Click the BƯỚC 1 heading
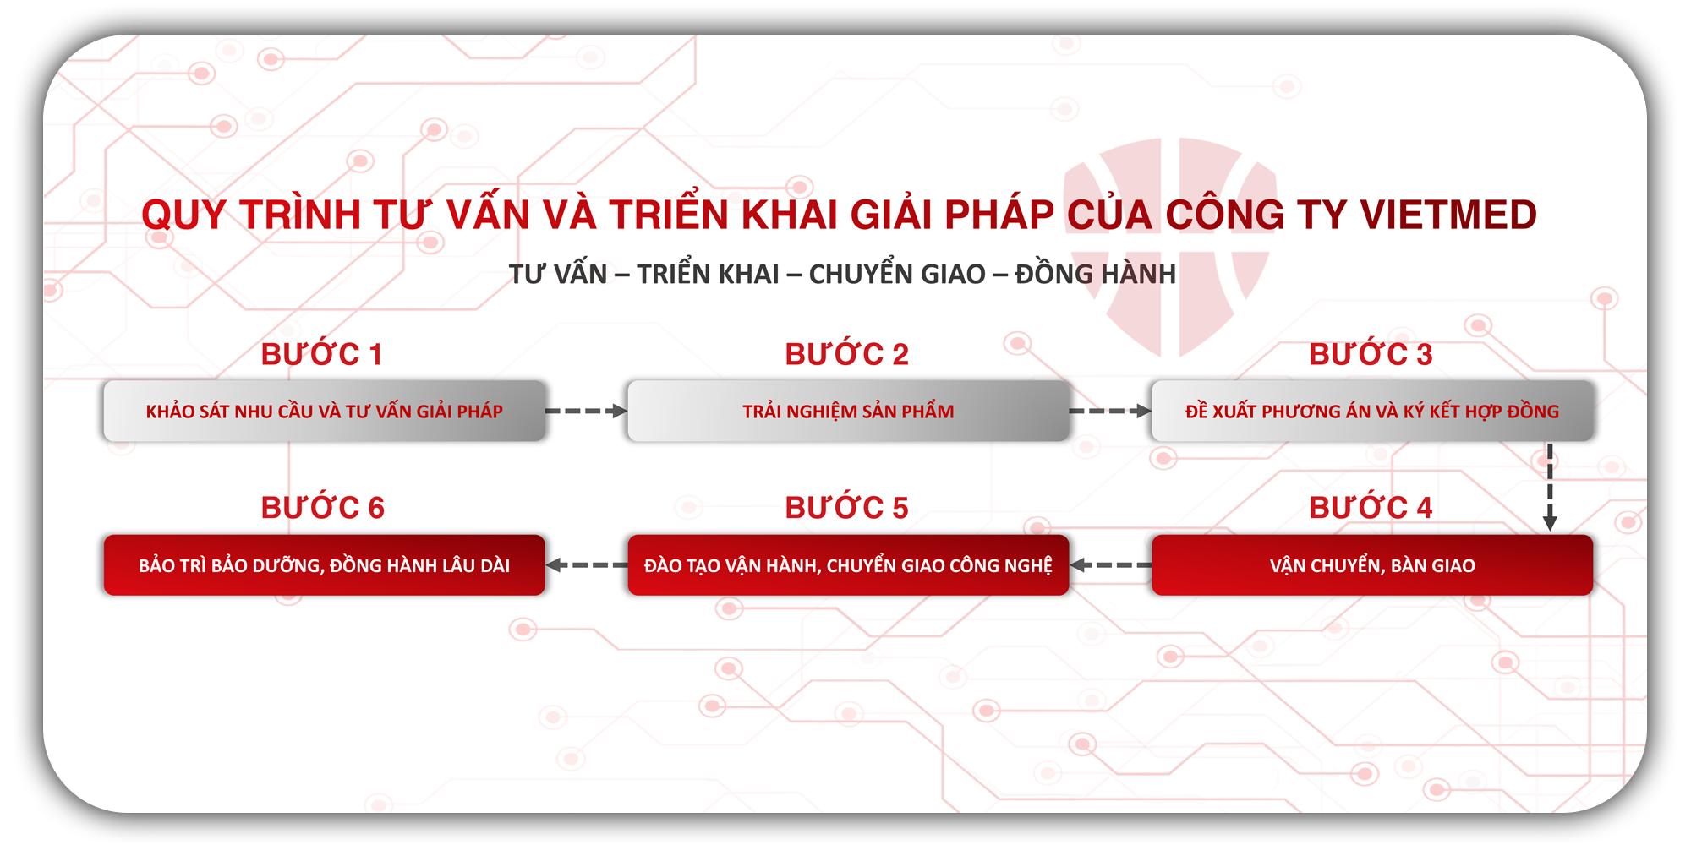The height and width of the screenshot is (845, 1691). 322,355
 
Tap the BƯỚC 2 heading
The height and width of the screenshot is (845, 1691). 846,355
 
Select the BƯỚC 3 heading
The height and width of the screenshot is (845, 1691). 1371,355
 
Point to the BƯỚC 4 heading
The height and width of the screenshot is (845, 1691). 1371,508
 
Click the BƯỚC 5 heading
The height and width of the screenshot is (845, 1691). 846,508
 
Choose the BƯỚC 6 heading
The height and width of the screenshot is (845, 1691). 322,508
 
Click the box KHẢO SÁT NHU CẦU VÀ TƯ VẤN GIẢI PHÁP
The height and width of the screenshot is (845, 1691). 325,412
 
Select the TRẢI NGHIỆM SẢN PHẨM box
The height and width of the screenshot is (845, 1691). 848,412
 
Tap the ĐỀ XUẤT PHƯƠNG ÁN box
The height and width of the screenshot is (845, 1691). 1372,412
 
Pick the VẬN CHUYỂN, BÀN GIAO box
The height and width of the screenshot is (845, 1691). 1372,565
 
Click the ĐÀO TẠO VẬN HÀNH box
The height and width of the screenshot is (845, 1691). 848,565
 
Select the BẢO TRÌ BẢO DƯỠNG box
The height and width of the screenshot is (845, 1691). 325,565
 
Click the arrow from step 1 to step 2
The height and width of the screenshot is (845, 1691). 586,412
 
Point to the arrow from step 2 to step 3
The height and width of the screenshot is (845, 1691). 1110,412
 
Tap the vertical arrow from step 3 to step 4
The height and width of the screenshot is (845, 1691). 1550,488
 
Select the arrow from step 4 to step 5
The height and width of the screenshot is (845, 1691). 1110,565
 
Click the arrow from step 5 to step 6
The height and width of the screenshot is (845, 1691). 586,565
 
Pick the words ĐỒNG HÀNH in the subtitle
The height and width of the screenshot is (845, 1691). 1095,275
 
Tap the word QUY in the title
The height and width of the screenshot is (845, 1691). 184,215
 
